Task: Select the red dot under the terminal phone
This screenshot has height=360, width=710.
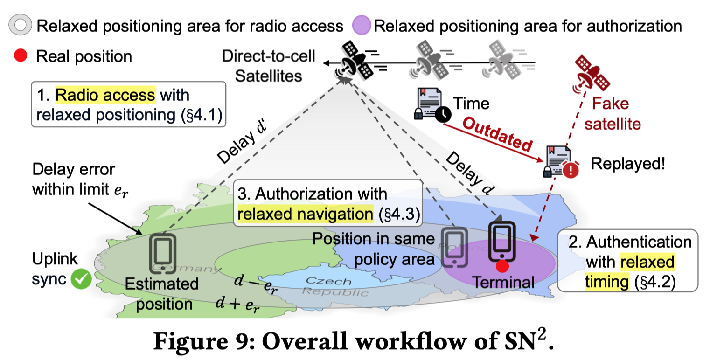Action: (501, 266)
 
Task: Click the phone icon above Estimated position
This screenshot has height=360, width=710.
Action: (162, 254)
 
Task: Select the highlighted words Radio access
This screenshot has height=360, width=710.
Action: (105, 96)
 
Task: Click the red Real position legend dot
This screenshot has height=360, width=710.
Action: (20, 56)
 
